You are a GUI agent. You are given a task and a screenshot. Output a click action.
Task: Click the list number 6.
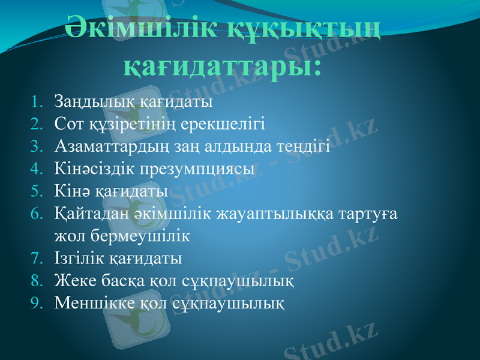pos(37,214)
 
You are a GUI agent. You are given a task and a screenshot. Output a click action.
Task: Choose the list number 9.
pos(37,303)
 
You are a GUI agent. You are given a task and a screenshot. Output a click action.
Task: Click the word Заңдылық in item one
pos(92,101)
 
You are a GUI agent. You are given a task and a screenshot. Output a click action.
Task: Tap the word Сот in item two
pos(67,124)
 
